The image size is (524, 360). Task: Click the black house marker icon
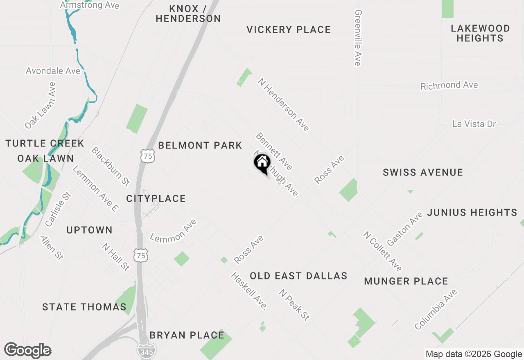[x=262, y=163]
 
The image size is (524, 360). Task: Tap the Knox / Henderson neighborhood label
[x=188, y=13]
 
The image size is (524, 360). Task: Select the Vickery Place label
[x=289, y=29]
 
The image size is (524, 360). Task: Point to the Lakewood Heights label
[x=480, y=33]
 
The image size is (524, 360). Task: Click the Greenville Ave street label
[x=358, y=38]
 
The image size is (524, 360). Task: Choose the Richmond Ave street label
[x=449, y=85]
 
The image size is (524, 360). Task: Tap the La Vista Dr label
[x=474, y=124]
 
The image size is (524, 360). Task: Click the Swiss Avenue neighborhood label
[x=423, y=172]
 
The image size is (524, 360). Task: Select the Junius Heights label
[x=472, y=212]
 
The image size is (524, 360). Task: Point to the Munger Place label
[x=406, y=281]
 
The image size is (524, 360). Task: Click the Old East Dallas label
[x=298, y=276]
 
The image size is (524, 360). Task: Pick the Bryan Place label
[x=187, y=335]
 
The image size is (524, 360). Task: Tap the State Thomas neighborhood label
[x=84, y=307]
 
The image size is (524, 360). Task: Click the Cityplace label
[x=156, y=198]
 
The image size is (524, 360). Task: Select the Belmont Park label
[x=200, y=145]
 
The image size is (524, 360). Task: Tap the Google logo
[x=28, y=350]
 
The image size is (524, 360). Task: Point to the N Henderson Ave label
[x=283, y=104]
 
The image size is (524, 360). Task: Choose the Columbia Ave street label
[x=436, y=309]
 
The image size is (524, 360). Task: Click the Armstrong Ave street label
[x=90, y=5]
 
